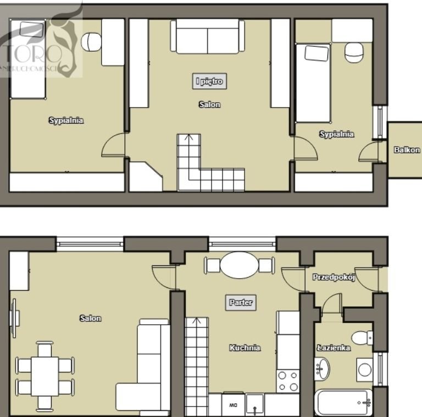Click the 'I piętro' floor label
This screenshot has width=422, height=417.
pos(209,81)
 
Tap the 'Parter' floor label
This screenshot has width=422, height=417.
pos(241,302)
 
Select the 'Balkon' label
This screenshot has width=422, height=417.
pos(407,150)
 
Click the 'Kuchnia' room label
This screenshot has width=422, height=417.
pos(245,348)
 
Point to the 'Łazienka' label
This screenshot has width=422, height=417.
pos(334,348)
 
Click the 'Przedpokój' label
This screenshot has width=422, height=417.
pos(334,277)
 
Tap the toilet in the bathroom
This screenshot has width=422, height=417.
pos(362,338)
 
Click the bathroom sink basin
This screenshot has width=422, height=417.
pos(322,369)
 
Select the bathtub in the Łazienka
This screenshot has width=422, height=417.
pos(343,403)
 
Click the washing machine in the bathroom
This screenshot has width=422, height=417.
pos(365,370)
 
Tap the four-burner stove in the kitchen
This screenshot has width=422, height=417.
pos(288,381)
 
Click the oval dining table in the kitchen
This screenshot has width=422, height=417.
pos(239,265)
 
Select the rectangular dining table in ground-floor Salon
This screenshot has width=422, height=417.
pos(45,376)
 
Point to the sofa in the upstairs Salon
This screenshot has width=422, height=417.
pos(208,36)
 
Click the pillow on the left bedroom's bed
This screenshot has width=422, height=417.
pos(32,29)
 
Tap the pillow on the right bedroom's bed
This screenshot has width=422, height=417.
pos(316,53)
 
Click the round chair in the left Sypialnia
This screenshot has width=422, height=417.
pos(91,42)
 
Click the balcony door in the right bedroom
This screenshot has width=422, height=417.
pos(369,152)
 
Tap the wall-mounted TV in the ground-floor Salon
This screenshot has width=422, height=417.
pos(14,318)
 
